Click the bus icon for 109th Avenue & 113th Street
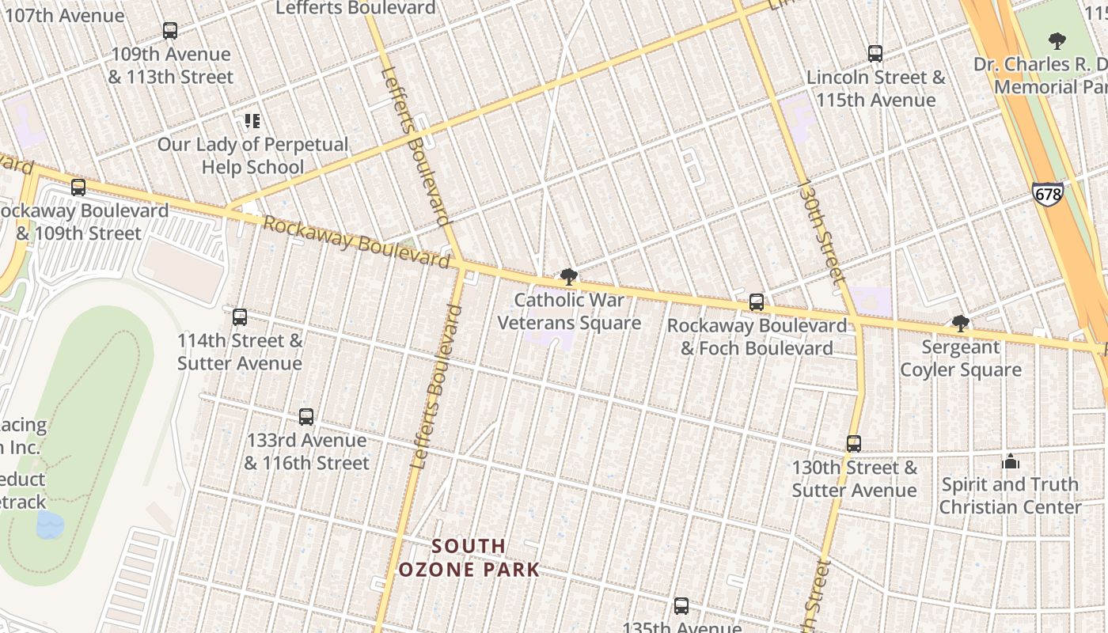click(170, 31)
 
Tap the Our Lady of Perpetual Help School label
click(252, 156)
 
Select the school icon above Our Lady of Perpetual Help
click(252, 121)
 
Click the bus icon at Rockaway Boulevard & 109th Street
click(78, 188)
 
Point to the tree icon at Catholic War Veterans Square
click(568, 277)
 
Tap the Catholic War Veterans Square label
click(569, 312)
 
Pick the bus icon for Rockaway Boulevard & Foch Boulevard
click(757, 302)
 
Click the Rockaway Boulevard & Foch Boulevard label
click(757, 337)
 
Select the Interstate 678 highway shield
click(1047, 193)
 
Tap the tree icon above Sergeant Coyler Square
click(961, 323)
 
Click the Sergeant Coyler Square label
click(961, 358)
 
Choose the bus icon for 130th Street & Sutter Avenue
click(854, 444)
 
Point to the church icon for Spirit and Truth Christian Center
click(1011, 462)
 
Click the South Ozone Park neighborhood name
click(469, 558)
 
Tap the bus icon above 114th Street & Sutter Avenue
click(240, 317)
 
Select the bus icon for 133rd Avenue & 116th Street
click(306, 417)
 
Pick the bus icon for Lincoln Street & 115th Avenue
click(875, 54)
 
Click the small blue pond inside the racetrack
click(50, 524)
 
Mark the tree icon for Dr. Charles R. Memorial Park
click(1057, 40)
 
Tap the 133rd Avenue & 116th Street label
click(306, 452)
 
